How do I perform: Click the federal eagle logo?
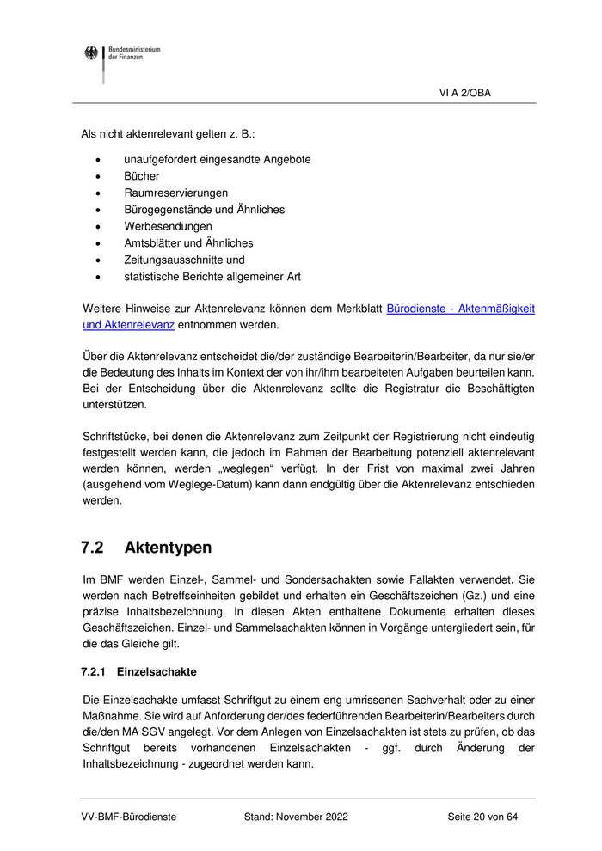tap(91, 54)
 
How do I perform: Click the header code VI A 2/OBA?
tap(465, 93)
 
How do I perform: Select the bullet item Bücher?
tap(142, 176)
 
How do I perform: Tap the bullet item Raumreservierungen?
tap(175, 193)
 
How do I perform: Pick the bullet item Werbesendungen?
tap(168, 226)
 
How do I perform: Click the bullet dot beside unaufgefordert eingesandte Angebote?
tap(102, 160)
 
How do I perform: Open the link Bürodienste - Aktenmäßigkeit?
tap(461, 309)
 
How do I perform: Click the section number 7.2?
tap(93, 548)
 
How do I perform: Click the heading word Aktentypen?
tap(168, 548)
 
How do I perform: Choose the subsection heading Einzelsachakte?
tap(157, 671)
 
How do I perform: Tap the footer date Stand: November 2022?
tap(296, 817)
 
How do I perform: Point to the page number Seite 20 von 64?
tap(482, 817)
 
